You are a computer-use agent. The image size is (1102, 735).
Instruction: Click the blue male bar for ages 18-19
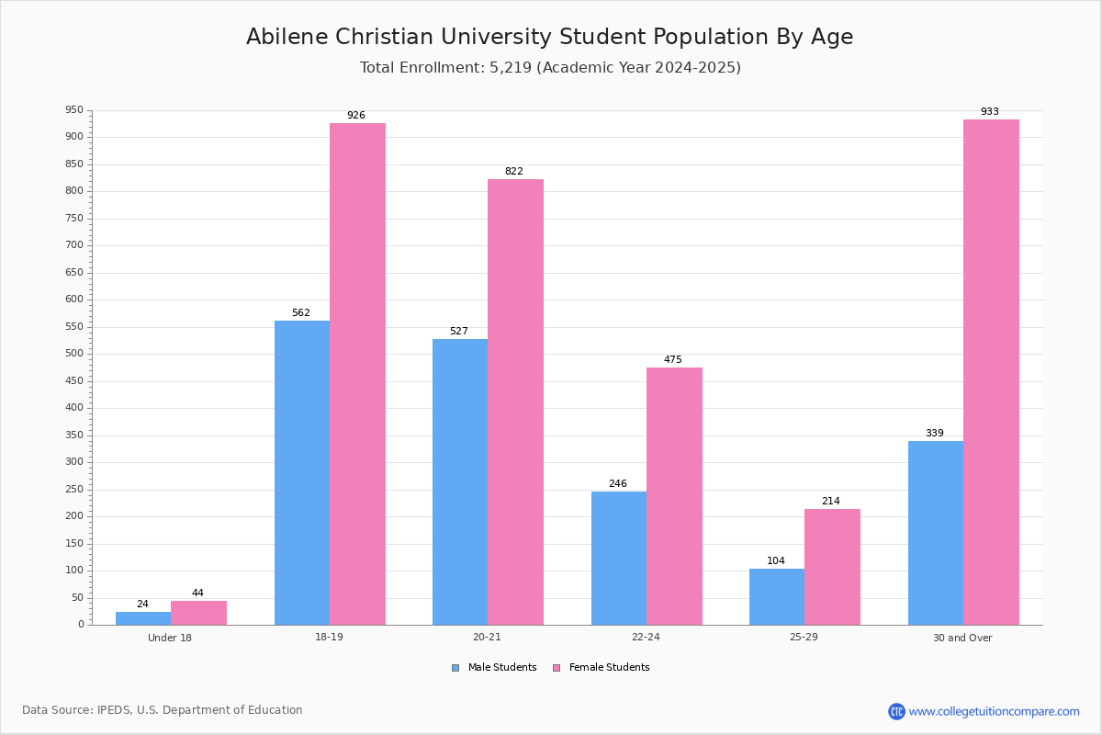[x=302, y=472]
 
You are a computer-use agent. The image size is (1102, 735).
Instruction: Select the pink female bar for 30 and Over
[x=991, y=372]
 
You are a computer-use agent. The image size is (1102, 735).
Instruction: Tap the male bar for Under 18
[x=143, y=618]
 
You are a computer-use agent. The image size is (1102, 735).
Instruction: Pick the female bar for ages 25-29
[x=832, y=567]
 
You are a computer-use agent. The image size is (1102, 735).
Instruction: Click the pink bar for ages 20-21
[x=515, y=402]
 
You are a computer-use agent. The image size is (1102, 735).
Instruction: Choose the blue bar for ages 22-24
[x=619, y=559]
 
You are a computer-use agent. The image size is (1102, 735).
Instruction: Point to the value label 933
[x=989, y=112]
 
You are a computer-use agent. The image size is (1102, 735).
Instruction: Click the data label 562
[x=301, y=312]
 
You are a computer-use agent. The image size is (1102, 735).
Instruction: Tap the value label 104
[x=776, y=560]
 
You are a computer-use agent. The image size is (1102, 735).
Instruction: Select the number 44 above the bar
[x=197, y=593]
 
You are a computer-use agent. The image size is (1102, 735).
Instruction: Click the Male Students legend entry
[x=494, y=668]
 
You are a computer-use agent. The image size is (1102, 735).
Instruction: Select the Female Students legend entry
[x=602, y=668]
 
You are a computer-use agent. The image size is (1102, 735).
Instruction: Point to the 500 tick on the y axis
[x=74, y=354]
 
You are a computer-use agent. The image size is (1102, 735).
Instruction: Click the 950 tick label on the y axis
[x=74, y=109]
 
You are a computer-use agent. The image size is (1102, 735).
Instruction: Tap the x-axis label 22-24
[x=646, y=637]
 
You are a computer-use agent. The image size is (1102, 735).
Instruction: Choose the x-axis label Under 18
[x=170, y=638]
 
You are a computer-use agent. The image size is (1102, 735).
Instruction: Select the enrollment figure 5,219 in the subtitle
[x=511, y=67]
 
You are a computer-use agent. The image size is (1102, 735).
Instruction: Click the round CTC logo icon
[x=896, y=711]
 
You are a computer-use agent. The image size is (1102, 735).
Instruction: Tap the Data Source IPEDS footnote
[x=163, y=710]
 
